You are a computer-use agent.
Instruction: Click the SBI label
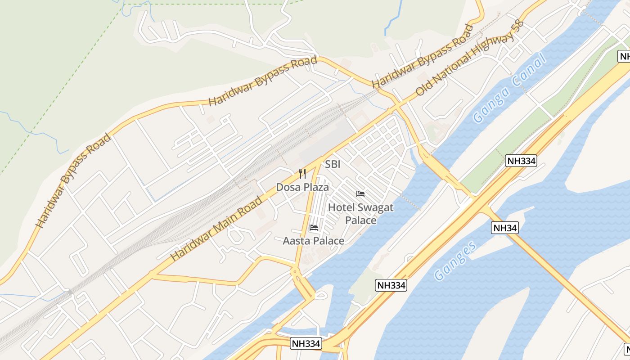coord(333,164)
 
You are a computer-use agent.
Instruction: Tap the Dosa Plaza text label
coord(302,187)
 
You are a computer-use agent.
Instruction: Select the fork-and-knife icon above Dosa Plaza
coord(302,174)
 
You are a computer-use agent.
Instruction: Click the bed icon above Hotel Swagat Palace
coord(360,194)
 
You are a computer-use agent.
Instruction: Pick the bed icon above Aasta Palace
coord(314,228)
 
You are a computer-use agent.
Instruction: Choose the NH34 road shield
coord(505,228)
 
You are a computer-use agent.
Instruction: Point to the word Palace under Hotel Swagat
coord(360,220)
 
